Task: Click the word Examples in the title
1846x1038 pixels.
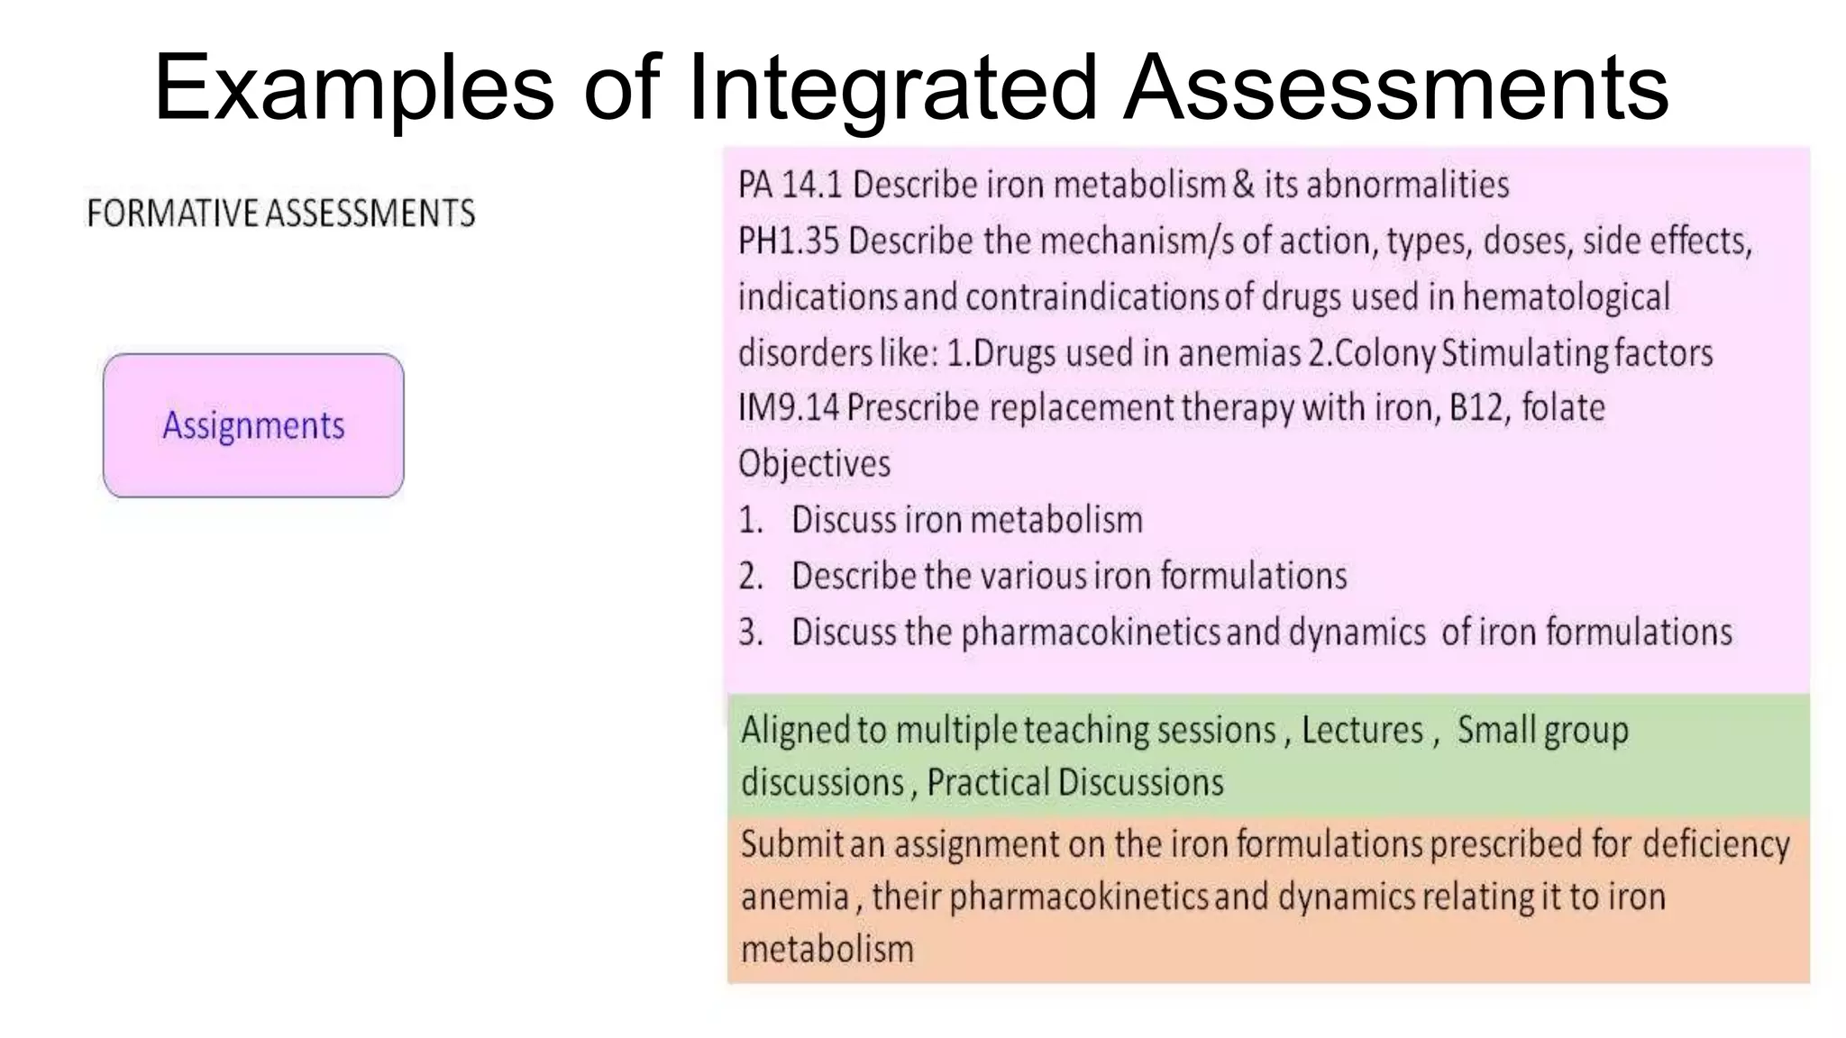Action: [353, 88]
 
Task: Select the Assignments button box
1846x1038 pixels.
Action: [253, 425]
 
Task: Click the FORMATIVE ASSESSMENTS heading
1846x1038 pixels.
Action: [280, 214]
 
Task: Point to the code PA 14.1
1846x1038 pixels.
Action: [789, 185]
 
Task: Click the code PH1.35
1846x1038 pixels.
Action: [788, 241]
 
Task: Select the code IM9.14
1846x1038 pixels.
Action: [788, 407]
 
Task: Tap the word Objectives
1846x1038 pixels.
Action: [814, 464]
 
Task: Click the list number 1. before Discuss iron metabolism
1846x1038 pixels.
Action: [751, 521]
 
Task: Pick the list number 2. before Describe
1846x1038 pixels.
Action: [751, 577]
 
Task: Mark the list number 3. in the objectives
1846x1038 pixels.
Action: [751, 633]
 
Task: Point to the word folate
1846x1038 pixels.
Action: [1563, 407]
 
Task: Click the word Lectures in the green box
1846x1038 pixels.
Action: [1362, 730]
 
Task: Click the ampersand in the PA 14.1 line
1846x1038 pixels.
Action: [1244, 185]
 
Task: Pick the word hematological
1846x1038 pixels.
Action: [1566, 296]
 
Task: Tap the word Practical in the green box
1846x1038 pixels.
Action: [987, 782]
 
